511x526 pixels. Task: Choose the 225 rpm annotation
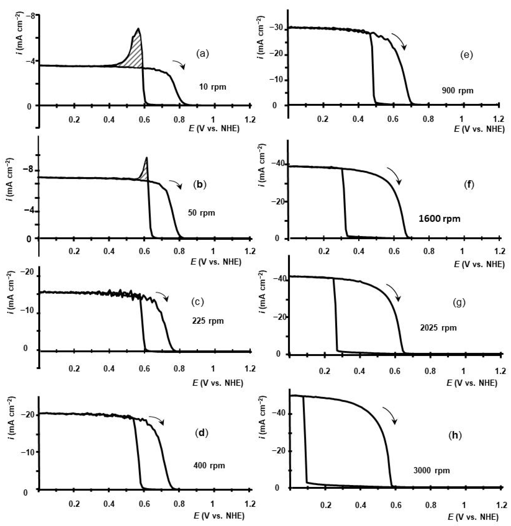click(x=208, y=321)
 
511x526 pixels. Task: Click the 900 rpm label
click(x=457, y=91)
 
